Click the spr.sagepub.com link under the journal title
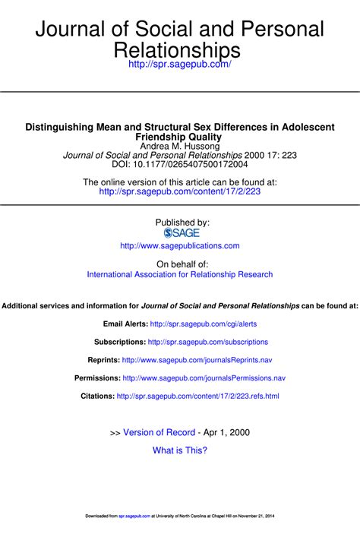coord(181,66)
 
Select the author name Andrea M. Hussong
coord(180,145)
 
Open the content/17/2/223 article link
coord(180,192)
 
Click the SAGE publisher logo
coord(181,233)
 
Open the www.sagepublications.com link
coord(180,246)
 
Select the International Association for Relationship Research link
coord(180,274)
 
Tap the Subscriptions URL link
coord(208,342)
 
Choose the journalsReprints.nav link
coord(197,360)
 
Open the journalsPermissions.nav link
coord(204,377)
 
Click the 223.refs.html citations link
coord(197,396)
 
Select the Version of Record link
coord(159,432)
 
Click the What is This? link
coord(180,450)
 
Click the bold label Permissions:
coord(96,377)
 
